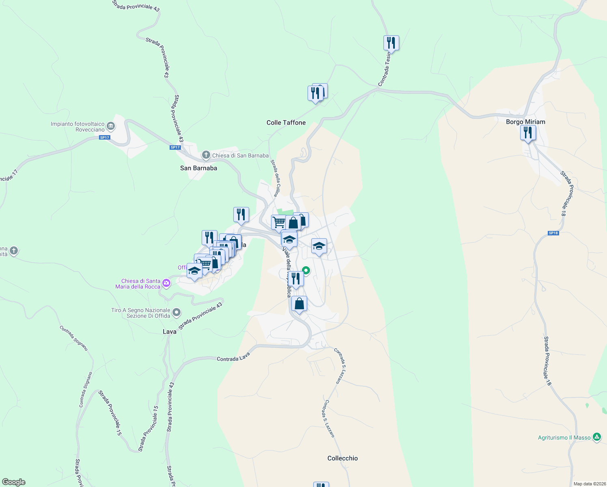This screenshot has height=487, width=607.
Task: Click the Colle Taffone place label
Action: [x=286, y=123]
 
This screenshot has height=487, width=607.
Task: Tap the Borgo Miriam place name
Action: [x=525, y=122]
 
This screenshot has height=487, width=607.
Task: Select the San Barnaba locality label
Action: [x=198, y=168]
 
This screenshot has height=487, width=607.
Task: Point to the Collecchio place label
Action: [x=342, y=458]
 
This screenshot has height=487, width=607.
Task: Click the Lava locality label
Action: [x=170, y=332]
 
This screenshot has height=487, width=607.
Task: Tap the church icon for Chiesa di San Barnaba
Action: [x=206, y=155]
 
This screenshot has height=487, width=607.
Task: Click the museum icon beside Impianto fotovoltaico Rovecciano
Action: [x=110, y=127]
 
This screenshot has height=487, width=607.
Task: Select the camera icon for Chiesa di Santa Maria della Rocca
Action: [x=166, y=283]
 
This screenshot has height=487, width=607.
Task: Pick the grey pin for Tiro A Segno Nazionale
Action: [x=176, y=312]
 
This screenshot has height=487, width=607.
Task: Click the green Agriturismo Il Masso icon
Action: [x=596, y=437]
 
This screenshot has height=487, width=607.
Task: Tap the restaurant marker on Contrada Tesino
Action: [x=391, y=43]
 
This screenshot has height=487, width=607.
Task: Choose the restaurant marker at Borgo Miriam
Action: [x=528, y=133]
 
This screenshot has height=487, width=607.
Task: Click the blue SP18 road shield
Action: [x=553, y=233]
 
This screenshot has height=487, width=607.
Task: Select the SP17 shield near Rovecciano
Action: [x=104, y=138]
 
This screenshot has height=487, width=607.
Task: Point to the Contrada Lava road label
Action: [x=233, y=358]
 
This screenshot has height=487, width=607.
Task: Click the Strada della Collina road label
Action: [x=275, y=178]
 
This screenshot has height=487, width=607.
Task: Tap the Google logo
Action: [x=14, y=482]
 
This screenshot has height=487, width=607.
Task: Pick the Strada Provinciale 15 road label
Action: [x=148, y=429]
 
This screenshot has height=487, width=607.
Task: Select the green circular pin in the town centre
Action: [x=306, y=270]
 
